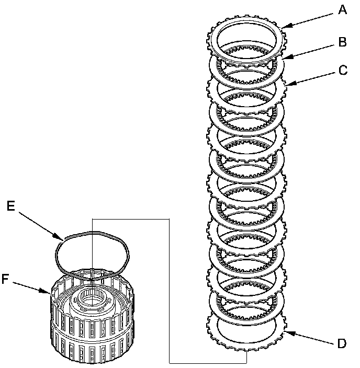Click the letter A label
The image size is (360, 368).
tap(343, 10)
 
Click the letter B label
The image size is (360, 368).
tap(343, 42)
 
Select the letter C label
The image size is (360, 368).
tap(343, 70)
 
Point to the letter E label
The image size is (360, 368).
tap(10, 206)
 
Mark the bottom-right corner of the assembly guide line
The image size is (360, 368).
tap(245, 362)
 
